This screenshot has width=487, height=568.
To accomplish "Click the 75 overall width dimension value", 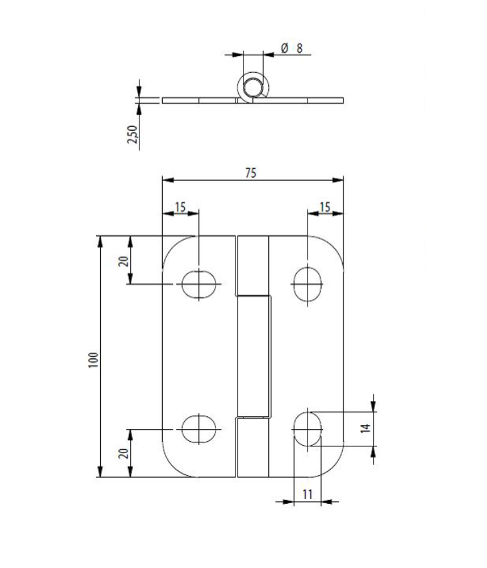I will click(x=250, y=172).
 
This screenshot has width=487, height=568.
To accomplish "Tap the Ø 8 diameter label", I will click(x=292, y=48).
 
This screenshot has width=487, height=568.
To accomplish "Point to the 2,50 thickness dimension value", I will click(x=132, y=134).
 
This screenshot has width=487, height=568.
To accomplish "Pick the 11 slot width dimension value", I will click(x=308, y=494).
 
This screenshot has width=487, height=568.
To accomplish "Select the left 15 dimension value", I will click(x=180, y=207).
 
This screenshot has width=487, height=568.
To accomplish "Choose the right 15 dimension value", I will click(x=325, y=207).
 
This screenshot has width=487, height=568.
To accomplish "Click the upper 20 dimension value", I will click(x=123, y=260).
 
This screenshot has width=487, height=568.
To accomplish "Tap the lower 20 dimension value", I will click(x=123, y=453).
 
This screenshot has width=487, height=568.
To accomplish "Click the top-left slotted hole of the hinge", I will click(x=199, y=284).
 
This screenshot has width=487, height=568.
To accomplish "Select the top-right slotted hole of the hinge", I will click(x=308, y=284).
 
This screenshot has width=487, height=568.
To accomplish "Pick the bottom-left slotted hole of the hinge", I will click(x=199, y=428).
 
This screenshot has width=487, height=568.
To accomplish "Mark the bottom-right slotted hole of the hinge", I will click(x=308, y=428).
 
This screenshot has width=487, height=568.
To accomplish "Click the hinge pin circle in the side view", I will click(x=254, y=86).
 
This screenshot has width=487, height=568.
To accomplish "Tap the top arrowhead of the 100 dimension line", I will click(x=101, y=240).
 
